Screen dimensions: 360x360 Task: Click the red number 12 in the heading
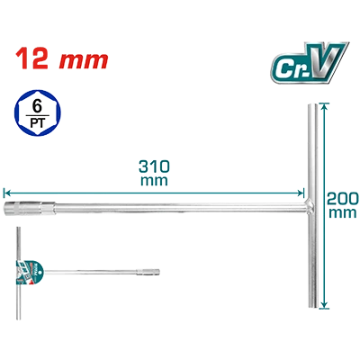pyautogui.click(x=31, y=58)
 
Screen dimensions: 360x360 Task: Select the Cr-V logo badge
pyautogui.click(x=309, y=62)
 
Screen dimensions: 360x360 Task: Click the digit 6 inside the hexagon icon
pyautogui.click(x=37, y=107)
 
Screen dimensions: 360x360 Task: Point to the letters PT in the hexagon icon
pyautogui.click(x=37, y=123)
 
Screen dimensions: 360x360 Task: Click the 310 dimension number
pyautogui.click(x=154, y=166)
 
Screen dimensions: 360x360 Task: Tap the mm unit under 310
pyautogui.click(x=154, y=181)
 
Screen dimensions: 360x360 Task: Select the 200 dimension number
pyautogui.click(x=343, y=198)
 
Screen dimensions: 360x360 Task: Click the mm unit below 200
pyautogui.click(x=343, y=213)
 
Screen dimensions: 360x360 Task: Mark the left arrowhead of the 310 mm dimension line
pyautogui.click(x=6, y=193)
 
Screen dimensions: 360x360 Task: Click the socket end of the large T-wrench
pyautogui.click(x=8, y=209)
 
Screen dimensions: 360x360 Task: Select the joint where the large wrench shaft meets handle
pyautogui.click(x=311, y=207)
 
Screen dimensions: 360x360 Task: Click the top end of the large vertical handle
pyautogui.click(x=312, y=105)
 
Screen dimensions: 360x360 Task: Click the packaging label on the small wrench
pyautogui.click(x=29, y=273)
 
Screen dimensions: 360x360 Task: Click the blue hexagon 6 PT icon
pyautogui.click(x=37, y=112)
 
